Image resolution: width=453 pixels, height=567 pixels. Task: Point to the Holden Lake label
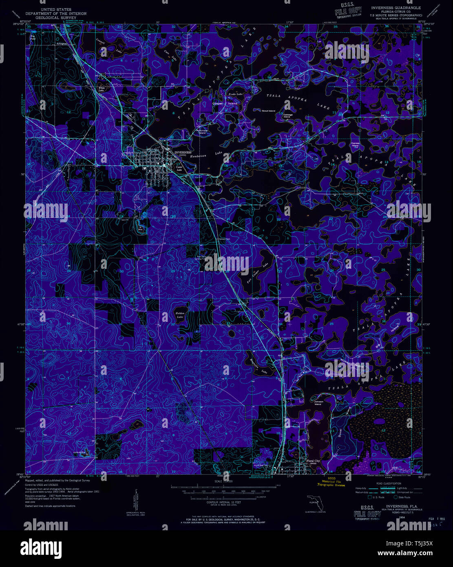point(180,315)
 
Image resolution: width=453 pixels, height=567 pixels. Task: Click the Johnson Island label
point(318,403)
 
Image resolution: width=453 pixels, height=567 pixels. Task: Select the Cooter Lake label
point(179,168)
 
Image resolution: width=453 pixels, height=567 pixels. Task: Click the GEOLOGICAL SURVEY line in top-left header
point(56,18)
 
